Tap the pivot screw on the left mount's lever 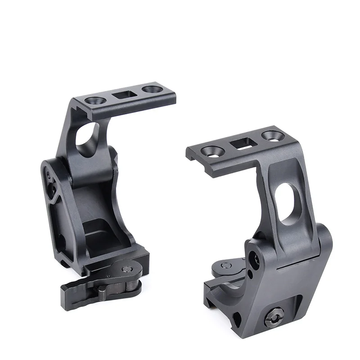tap(128, 270)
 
